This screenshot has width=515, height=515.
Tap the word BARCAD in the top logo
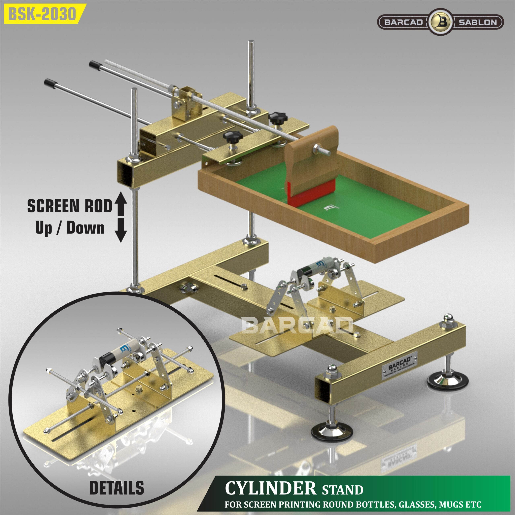coord(403,22)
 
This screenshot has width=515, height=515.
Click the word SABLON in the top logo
coord(478,22)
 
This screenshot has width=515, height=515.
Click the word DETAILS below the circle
coord(116,488)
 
